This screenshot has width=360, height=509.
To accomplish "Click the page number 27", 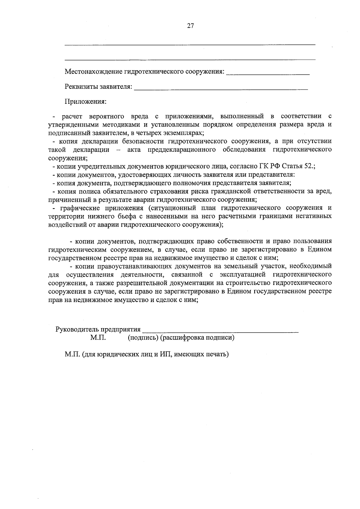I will click(x=190, y=26).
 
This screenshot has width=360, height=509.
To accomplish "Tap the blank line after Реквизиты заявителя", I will click(x=221, y=89).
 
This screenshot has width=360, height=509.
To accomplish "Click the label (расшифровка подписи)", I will click(x=197, y=338).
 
